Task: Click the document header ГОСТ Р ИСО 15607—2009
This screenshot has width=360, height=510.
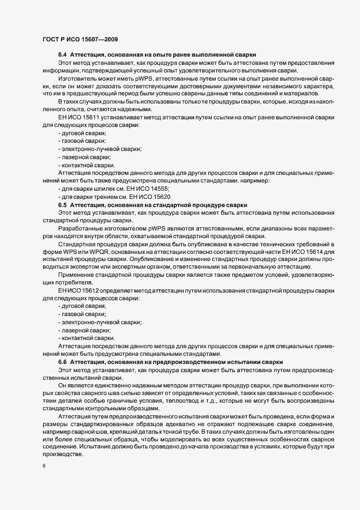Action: (78, 39)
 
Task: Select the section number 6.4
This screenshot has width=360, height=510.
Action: (62, 56)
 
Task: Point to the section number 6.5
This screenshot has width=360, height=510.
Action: (62, 205)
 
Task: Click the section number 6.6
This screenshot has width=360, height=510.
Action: (62, 362)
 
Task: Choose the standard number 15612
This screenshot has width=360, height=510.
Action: (91, 290)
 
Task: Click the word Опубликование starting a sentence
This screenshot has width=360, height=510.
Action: (129, 259)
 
